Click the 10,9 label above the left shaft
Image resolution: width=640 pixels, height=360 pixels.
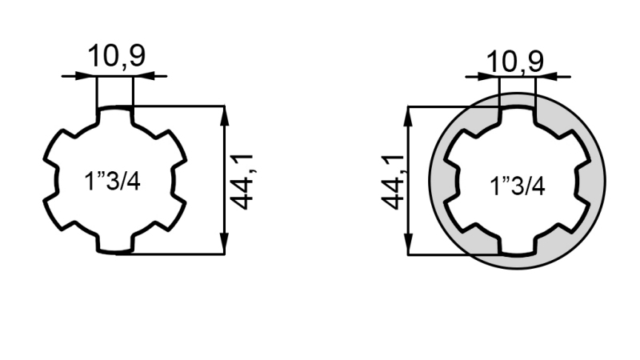coord(116,58)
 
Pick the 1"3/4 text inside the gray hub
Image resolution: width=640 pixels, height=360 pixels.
coord(518,186)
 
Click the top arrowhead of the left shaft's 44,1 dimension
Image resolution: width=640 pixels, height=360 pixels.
coord(225,114)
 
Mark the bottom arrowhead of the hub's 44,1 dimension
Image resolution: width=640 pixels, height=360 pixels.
coord(408,246)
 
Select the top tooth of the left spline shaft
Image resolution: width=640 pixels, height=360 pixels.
coord(114,117)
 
